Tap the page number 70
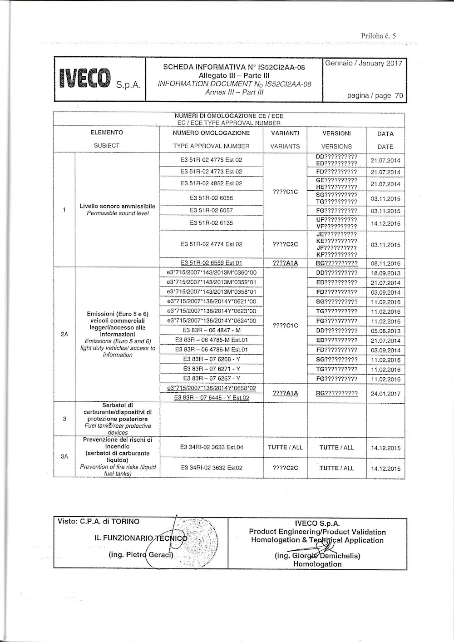click(399, 95)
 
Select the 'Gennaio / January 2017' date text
click(364, 64)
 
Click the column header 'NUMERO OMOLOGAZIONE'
click(211, 133)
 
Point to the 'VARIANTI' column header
click(285, 133)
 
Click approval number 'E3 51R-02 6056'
click(211, 198)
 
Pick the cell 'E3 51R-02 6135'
click(211, 223)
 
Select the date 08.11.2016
click(385, 263)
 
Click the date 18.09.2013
click(385, 273)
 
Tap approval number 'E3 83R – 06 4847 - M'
click(211, 331)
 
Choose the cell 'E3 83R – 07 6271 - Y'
click(211, 369)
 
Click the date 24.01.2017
click(385, 394)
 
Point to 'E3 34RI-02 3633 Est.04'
click(211, 447)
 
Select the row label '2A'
click(64, 334)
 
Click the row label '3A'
click(64, 457)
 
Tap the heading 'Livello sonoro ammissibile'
click(117, 206)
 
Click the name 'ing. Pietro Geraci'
click(141, 555)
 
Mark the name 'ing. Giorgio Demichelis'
click(317, 556)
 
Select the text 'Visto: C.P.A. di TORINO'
click(99, 522)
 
